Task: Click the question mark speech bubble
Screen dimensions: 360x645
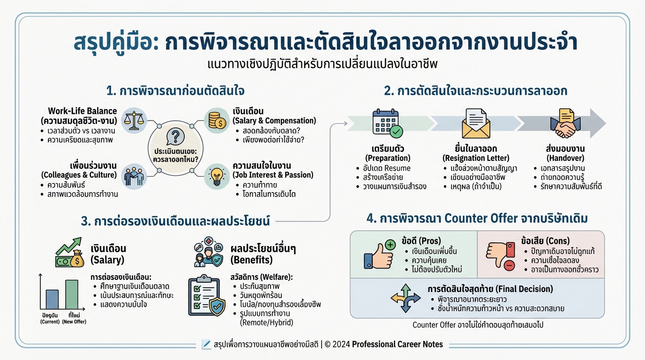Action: [x=175, y=136]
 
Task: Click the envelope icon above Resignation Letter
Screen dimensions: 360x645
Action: [x=476, y=124]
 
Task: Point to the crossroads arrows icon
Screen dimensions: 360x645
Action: [x=406, y=299]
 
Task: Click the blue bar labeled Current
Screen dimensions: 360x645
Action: [x=52, y=300]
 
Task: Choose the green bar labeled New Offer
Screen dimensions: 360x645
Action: [x=72, y=294]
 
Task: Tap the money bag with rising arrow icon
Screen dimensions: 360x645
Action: [x=69, y=253]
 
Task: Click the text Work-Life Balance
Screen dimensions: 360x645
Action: [x=82, y=111]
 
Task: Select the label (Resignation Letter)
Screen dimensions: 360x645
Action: [x=476, y=158]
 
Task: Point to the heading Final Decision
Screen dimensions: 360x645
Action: [x=490, y=288]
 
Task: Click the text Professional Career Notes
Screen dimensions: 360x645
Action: [x=397, y=345]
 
